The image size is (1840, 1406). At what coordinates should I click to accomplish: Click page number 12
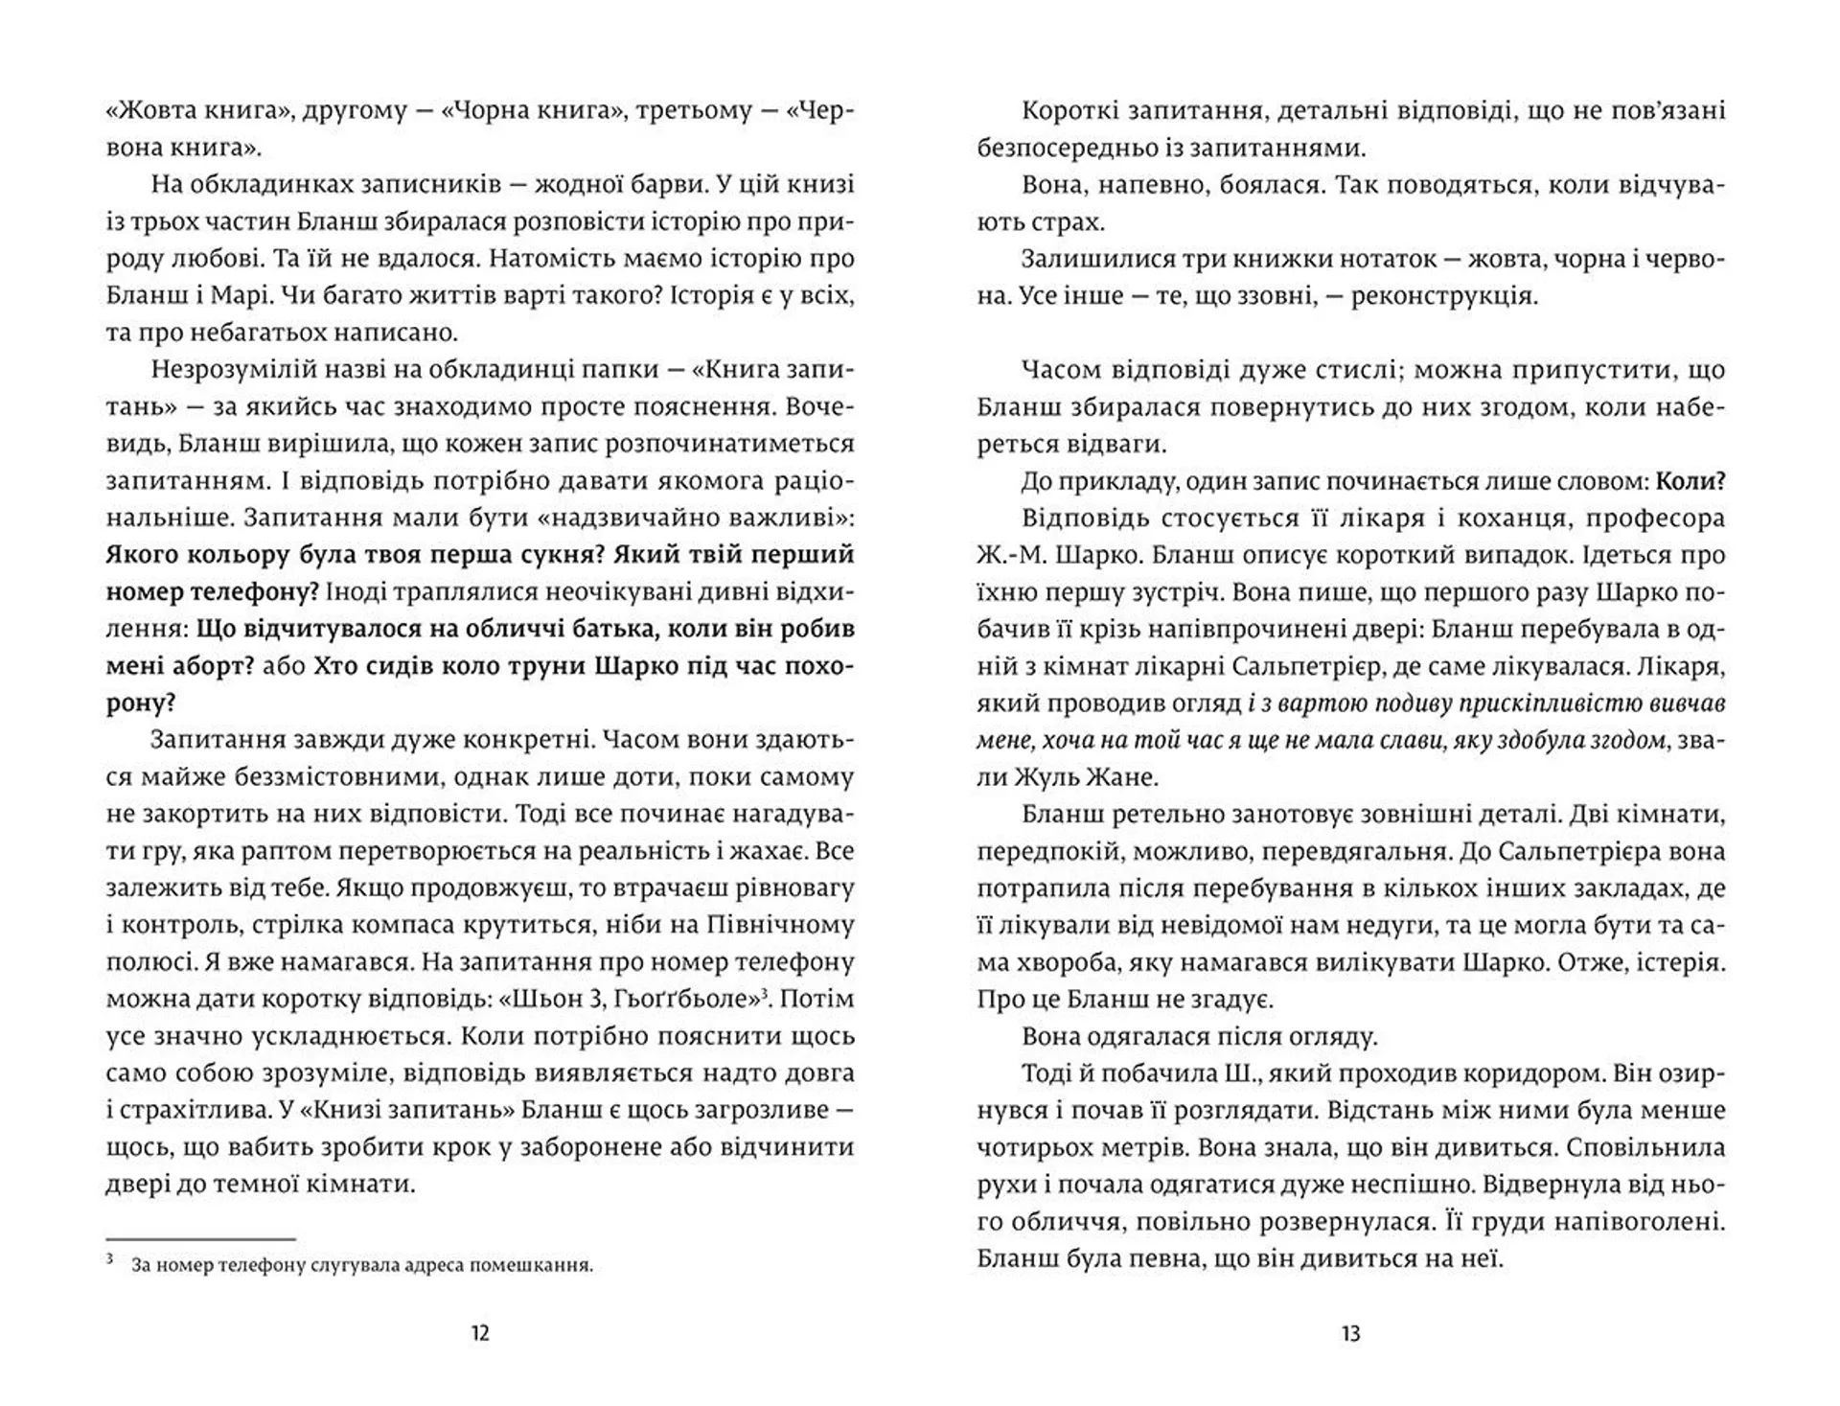(x=480, y=1333)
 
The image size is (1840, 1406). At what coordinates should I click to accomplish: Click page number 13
(x=1350, y=1333)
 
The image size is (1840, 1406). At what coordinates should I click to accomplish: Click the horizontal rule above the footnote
(x=200, y=1239)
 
